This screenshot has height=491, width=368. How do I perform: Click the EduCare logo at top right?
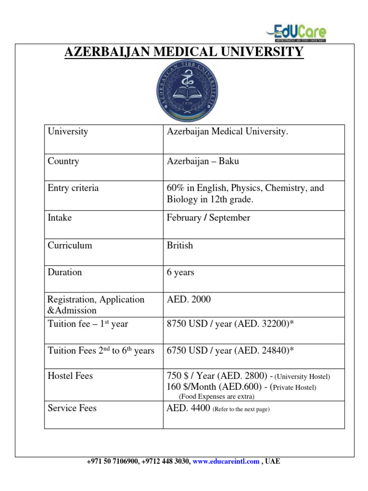point(296,32)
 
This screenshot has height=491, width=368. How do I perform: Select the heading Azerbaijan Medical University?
point(184,51)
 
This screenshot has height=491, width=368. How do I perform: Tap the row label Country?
point(63,161)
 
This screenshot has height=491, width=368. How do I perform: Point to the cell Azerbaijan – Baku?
point(203,161)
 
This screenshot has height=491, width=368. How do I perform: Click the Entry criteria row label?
point(73,188)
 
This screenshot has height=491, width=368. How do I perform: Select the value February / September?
point(208,218)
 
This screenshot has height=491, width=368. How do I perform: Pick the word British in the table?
point(180,245)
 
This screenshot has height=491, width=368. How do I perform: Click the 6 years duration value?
point(180,272)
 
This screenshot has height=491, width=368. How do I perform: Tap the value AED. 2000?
point(188,300)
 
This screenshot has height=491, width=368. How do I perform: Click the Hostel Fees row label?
point(70,376)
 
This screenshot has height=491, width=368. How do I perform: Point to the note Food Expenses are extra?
point(217,397)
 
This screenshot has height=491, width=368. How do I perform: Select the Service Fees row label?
point(72,408)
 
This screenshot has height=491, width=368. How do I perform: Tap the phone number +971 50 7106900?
point(113,461)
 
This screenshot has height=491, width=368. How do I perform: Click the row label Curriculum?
point(70,245)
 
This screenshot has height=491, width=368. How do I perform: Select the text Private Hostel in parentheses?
point(294,387)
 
